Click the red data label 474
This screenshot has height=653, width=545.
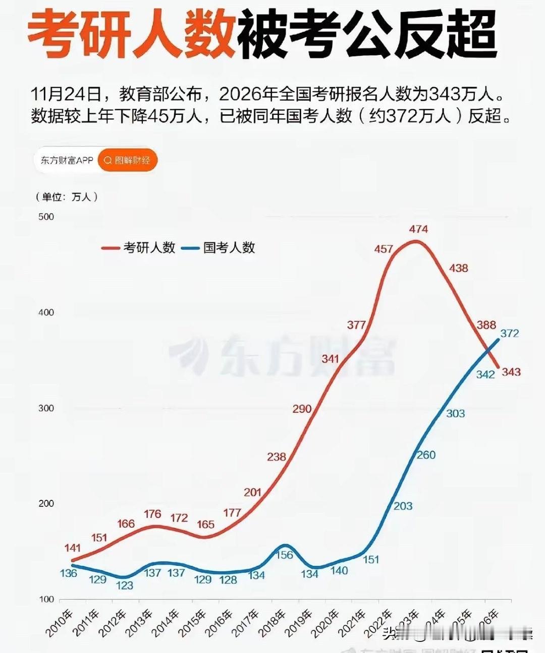click(418, 229)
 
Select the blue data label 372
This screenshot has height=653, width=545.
click(509, 334)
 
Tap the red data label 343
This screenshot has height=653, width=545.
click(511, 372)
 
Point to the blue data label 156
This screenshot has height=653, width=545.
click(285, 555)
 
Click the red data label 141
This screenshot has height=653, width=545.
click(73, 548)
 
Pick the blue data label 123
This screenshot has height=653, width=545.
click(125, 585)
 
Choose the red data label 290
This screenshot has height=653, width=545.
click(302, 409)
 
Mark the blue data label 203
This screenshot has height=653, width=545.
click(403, 505)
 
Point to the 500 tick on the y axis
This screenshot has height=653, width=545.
click(46, 217)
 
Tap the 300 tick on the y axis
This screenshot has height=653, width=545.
click(46, 408)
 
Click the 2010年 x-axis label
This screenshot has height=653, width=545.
click(60, 623)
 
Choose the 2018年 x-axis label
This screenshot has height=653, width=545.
click(272, 623)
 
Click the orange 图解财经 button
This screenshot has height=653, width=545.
click(128, 160)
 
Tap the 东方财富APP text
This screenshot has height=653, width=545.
click(67, 160)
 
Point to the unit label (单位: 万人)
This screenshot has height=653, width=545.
click(67, 197)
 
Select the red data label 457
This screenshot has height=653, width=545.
click(384, 249)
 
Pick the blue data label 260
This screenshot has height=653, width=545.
click(426, 455)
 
